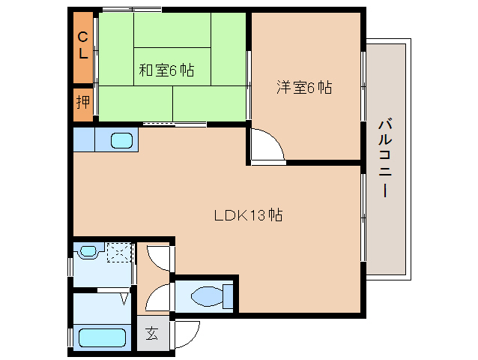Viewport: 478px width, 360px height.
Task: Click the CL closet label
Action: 83,46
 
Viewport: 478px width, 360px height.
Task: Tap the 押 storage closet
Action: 83,101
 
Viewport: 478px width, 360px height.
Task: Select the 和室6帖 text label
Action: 166,70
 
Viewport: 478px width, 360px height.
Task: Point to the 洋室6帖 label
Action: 304,87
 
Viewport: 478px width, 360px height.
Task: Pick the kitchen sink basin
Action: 122,139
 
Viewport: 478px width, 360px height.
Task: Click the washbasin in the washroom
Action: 88,252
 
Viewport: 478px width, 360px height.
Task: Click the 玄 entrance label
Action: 153,332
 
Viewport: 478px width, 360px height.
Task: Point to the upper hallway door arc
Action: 159,257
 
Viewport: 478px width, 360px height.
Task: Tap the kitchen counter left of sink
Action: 84,139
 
